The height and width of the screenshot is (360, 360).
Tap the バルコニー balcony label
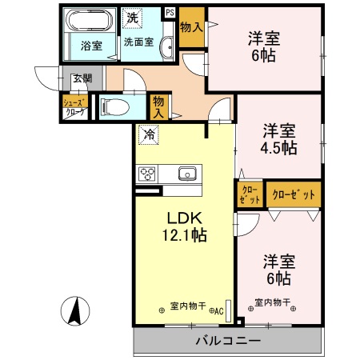pyautogui.click(x=228, y=342)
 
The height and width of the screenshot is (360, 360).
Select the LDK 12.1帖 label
pyautogui.click(x=187, y=226)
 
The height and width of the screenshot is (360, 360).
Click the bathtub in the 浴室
pyautogui.click(x=90, y=21)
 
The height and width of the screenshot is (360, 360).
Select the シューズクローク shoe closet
pyautogui.click(x=74, y=106)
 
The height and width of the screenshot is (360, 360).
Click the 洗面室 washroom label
pyautogui.click(x=138, y=42)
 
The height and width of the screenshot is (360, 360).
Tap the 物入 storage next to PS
pyautogui.click(x=190, y=27)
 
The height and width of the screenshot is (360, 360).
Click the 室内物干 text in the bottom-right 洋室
pyautogui.click(x=272, y=303)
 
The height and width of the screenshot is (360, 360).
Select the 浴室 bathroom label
pyautogui.click(x=90, y=46)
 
